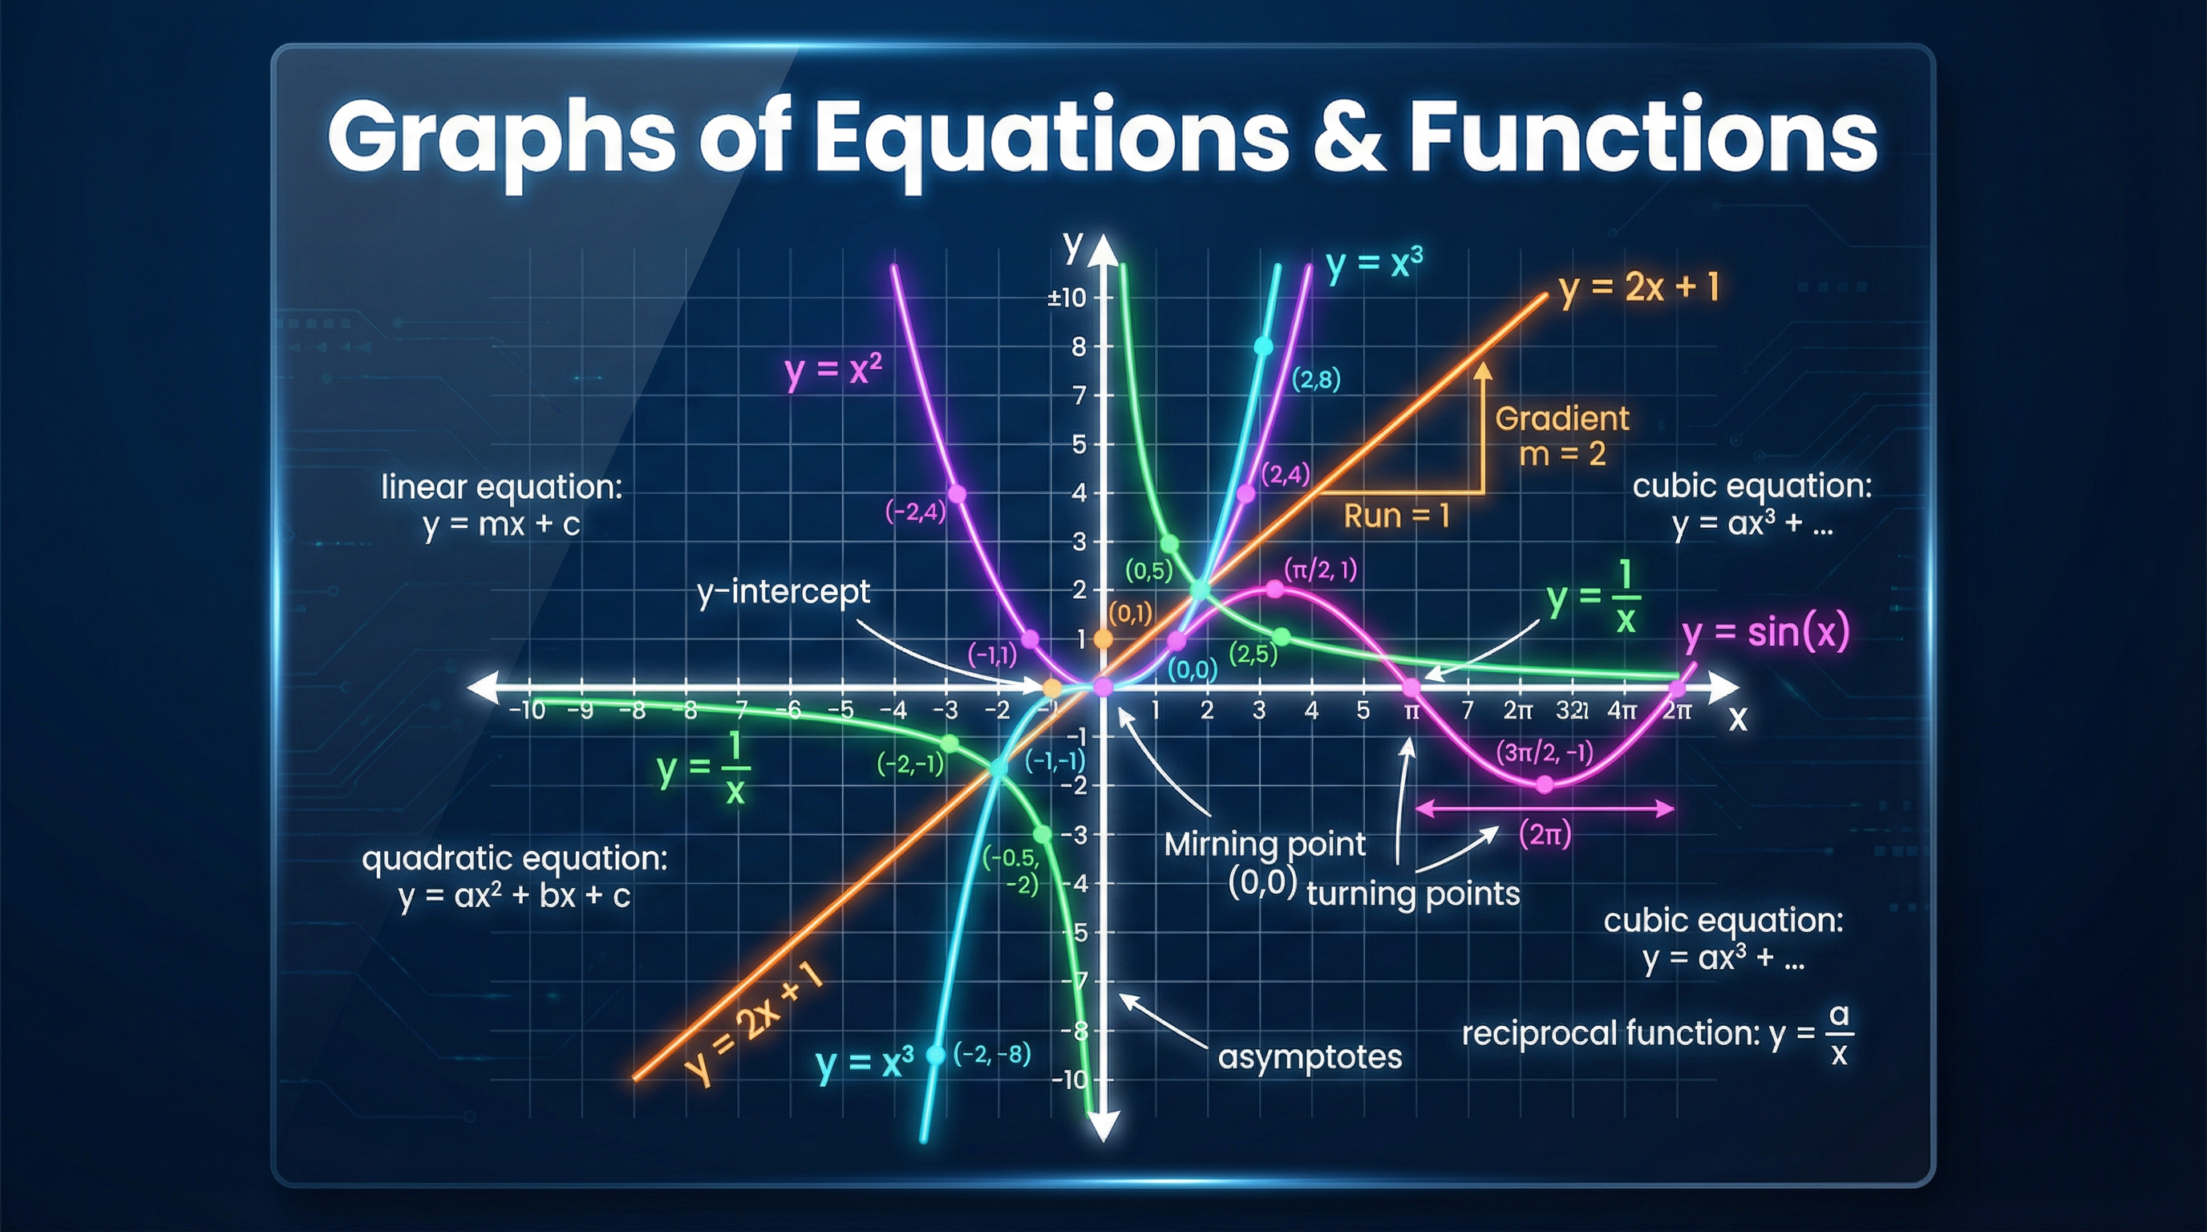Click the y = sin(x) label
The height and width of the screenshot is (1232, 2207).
point(1766,632)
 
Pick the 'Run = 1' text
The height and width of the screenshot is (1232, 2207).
point(1396,516)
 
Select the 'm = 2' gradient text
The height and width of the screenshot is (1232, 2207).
point(1562,454)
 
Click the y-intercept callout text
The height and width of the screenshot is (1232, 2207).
point(784,592)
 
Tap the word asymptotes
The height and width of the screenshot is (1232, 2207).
point(1309,1057)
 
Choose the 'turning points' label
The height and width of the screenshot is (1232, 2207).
point(1413,894)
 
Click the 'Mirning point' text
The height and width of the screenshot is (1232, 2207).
point(1265,845)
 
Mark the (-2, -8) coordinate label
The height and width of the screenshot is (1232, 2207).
point(991,1053)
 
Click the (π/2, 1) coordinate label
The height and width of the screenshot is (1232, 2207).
point(1320,569)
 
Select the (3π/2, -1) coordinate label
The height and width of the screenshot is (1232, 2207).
point(1544,752)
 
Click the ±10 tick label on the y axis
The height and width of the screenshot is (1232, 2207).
point(1067,298)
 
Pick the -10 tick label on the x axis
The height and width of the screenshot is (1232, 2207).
point(527,710)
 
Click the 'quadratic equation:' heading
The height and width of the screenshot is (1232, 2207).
point(514,858)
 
